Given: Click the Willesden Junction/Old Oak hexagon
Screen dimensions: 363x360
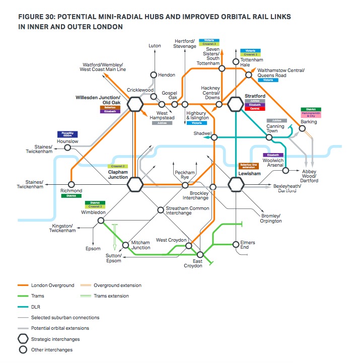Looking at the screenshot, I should coord(135,104).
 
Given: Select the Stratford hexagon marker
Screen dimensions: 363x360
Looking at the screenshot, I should coord(235,104).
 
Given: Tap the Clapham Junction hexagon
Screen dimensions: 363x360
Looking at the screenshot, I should coord(135,185).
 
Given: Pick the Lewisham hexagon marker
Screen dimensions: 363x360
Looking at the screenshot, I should coord(235,185).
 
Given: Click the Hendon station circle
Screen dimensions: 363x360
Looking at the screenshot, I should coord(154,75).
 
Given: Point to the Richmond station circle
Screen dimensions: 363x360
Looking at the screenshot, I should coord(71,184).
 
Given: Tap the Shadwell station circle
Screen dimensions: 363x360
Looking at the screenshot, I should coord(214,137).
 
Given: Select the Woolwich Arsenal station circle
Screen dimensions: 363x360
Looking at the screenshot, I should coord(285,170).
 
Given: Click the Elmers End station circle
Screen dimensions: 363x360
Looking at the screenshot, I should coord(236,244).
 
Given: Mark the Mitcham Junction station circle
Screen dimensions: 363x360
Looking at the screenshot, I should coord(127,242).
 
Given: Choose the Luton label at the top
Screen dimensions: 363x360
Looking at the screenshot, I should coord(155,46).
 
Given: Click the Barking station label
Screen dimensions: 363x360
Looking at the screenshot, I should coord(309,122).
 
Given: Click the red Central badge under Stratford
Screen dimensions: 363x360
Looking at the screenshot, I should coord(254,109).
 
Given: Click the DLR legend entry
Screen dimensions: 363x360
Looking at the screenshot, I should coord(36,306).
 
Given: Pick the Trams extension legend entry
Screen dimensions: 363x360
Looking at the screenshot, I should coord(111,296).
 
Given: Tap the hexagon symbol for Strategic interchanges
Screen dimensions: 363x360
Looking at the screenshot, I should coord(23,339).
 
